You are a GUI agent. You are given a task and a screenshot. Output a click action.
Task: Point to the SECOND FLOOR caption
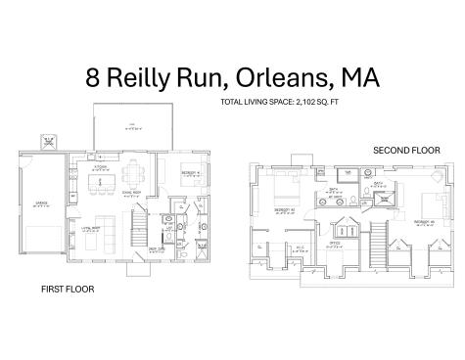406,150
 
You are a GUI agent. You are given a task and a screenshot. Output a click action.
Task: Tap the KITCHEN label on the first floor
127,166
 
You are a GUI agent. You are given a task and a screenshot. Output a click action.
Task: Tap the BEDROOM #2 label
284,209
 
